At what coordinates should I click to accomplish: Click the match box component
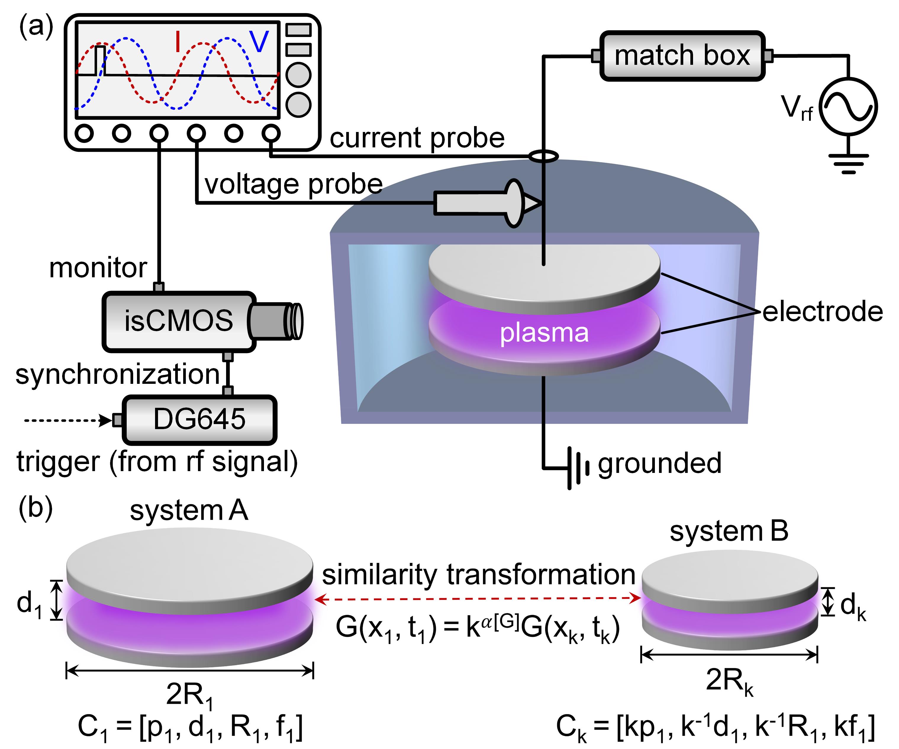(x=682, y=56)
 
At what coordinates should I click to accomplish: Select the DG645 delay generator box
(x=199, y=419)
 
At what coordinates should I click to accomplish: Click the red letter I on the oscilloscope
(x=178, y=42)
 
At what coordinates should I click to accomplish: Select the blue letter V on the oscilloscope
(x=259, y=42)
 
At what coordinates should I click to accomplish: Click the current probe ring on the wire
(x=544, y=156)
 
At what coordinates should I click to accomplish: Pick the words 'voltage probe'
(x=294, y=184)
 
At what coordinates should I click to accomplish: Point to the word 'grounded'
(x=660, y=463)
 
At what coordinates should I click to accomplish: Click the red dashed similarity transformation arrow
(x=477, y=599)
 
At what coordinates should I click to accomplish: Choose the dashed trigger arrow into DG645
(x=66, y=420)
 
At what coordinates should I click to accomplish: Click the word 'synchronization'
(x=118, y=374)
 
